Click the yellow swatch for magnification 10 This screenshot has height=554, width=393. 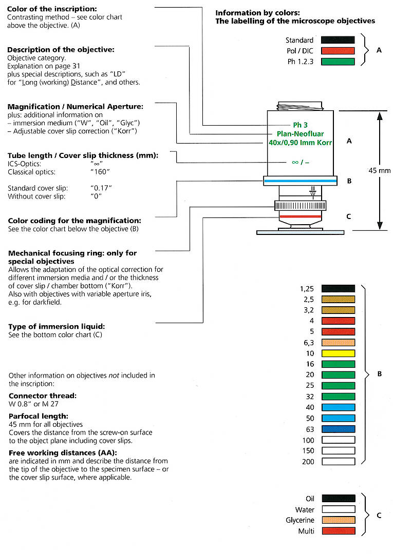coord(338,353)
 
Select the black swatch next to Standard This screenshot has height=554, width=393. coord(338,40)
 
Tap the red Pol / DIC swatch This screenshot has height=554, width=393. coord(338,51)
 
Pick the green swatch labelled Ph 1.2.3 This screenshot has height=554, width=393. coord(338,62)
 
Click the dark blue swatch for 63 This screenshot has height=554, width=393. coord(338,429)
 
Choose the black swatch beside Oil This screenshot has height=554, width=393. coord(338,498)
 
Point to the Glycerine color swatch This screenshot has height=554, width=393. coord(338,520)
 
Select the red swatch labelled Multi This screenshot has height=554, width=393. coord(338,531)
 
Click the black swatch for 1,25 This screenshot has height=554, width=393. coord(338,289)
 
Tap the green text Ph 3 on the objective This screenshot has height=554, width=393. coord(301,125)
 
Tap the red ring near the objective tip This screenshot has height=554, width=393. coord(301,217)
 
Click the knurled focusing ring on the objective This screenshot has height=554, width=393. coord(301,206)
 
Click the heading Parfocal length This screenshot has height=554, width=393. coord(35,416)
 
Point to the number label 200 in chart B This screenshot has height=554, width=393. coord(308,462)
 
